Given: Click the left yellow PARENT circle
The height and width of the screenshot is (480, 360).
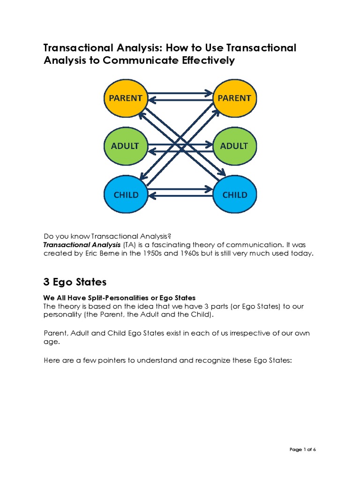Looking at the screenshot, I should (x=125, y=98).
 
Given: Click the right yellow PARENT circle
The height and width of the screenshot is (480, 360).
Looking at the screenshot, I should (x=234, y=98).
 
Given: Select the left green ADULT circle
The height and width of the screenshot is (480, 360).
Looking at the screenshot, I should (x=125, y=146).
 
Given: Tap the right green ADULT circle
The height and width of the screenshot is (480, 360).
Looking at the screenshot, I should (x=234, y=146).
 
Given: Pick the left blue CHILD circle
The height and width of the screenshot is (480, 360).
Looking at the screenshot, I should (x=125, y=194).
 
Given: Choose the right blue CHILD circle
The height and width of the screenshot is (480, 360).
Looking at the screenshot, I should (x=234, y=194).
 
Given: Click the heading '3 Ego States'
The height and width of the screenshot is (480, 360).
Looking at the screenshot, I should (x=75, y=282).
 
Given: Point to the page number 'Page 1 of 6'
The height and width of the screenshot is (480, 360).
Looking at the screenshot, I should (x=303, y=450).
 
